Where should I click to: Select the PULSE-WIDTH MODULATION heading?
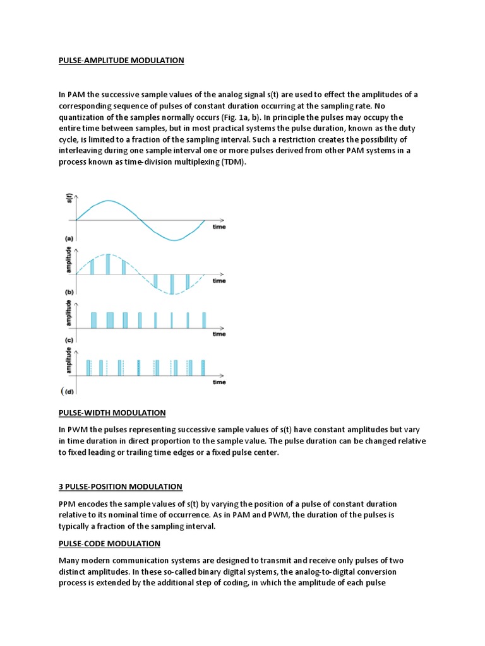pos(112,413)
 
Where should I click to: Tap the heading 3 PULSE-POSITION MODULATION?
pos(120,486)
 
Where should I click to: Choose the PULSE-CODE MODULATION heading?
pos(109,543)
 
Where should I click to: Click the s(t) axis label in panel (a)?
pos(69,201)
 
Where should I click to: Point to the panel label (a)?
pos(69,239)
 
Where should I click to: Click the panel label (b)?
pos(69,292)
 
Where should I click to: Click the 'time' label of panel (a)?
pos(219,226)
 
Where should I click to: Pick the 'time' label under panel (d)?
pos(219,382)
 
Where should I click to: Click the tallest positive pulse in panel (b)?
pos(108,264)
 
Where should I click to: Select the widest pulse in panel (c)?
pos(111,320)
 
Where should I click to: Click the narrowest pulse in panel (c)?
pos(172,320)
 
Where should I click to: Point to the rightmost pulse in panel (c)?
pos(203,320)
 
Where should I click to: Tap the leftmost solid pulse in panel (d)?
pos(88,367)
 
